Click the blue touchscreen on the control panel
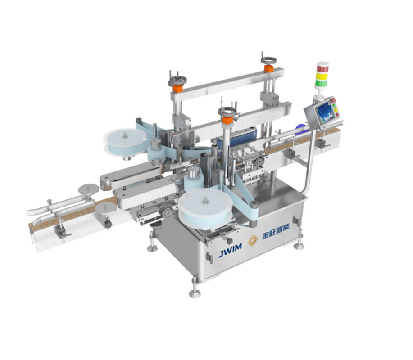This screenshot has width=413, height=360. [324, 112]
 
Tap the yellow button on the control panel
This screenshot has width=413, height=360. [336, 110]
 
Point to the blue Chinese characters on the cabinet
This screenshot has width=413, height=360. [276, 232]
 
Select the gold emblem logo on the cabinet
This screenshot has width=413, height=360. [252, 240]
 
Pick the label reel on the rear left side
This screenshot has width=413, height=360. [125, 142]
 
